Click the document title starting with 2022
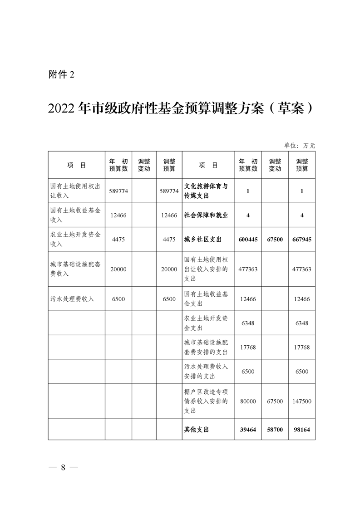coord(180,108)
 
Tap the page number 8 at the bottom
coord(64,468)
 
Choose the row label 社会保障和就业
coord(206,215)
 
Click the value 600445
coord(248,239)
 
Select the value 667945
coord(302,239)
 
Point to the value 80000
coord(248,401)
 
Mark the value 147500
coord(302,401)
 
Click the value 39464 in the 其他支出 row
coord(248,429)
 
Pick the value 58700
coord(275,429)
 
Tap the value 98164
coord(302,429)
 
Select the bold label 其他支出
coord(197,429)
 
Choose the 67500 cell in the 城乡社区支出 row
coord(275,239)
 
